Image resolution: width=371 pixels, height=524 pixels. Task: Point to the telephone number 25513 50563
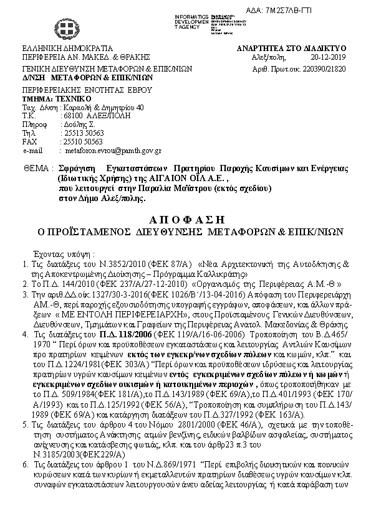pos(84,133)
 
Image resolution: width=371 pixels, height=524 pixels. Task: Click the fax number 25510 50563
pos(84,142)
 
